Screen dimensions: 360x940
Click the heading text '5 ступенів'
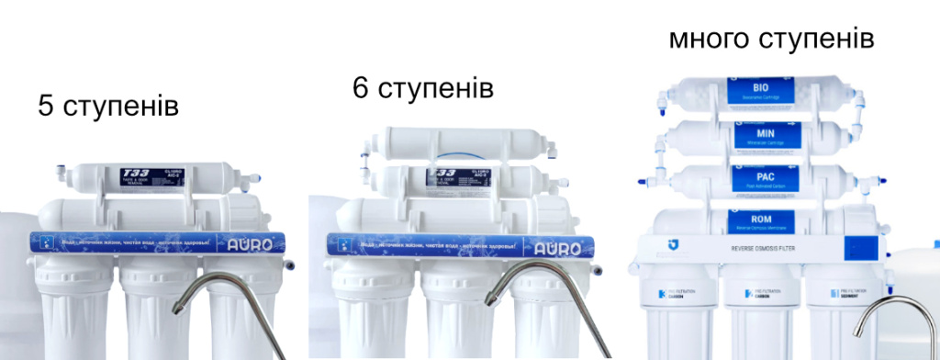coord(108,106)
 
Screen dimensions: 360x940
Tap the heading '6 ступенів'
coord(422,88)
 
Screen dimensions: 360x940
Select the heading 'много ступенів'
coord(770,39)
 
